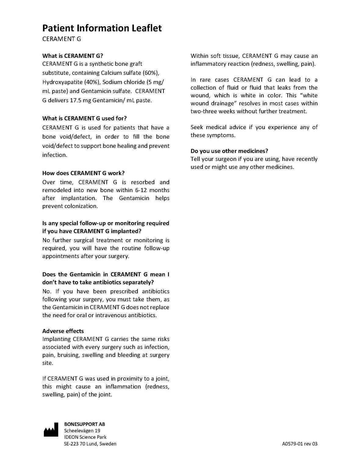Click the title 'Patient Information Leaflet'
point(102,28)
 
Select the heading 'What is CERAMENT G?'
point(73,56)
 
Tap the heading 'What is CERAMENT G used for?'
point(84,118)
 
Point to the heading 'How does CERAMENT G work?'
point(83,173)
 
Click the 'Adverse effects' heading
point(63,331)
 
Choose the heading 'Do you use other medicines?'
point(229,151)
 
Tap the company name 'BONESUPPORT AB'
point(84,424)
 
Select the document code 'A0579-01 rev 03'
point(300,444)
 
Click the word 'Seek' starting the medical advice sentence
point(197,127)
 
